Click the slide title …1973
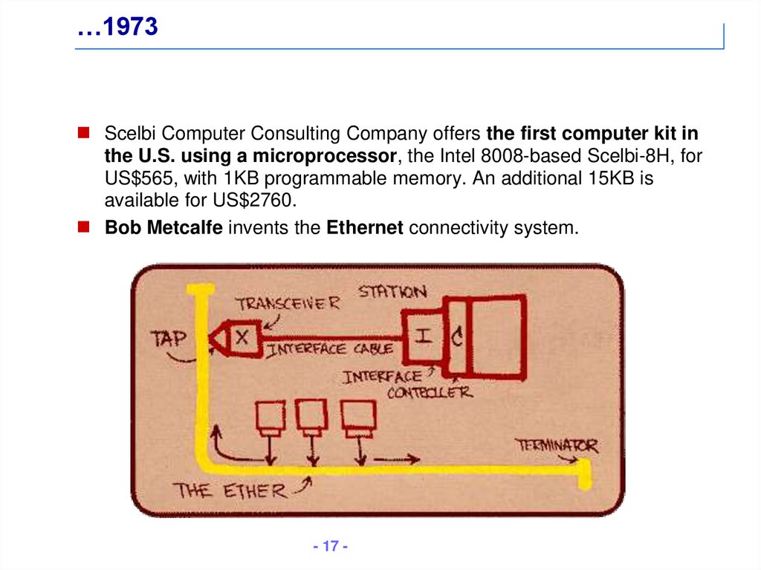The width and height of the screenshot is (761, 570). tap(117, 27)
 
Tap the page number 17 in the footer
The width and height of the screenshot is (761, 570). tap(331, 547)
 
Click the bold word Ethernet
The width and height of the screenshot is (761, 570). tap(365, 227)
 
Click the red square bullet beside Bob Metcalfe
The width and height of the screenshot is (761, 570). tap(85, 226)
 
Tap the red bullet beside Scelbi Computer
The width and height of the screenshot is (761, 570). tap(85, 134)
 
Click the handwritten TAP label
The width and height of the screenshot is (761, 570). tap(169, 339)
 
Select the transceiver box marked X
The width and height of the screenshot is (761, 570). tap(242, 337)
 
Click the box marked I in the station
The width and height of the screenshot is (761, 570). tap(422, 335)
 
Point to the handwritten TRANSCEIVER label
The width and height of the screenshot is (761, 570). tap(288, 303)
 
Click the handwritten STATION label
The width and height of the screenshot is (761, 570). tap(393, 291)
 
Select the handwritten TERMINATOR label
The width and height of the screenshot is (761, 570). tap(557, 446)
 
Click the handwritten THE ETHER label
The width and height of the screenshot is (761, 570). tap(230, 490)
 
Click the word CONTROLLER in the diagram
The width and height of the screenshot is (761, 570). tap(429, 392)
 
